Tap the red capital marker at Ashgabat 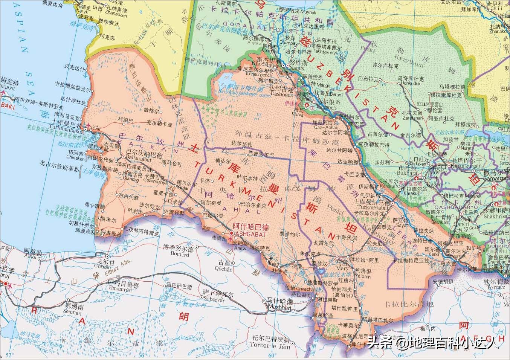231,234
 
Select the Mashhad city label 279,307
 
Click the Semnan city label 73,312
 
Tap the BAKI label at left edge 6,105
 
